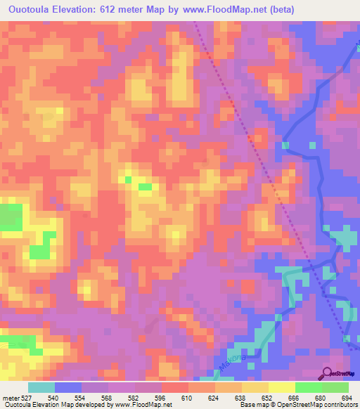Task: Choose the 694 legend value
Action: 347,398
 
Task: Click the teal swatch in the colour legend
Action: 41,387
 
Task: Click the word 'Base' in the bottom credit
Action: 247,405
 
